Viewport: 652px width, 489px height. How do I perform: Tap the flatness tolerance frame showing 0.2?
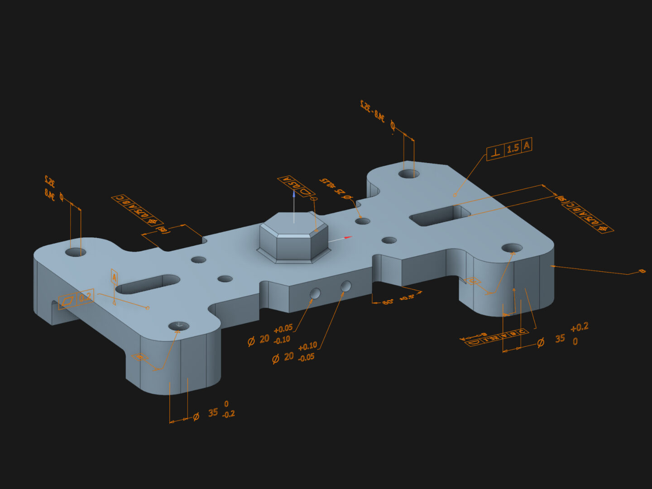[x=77, y=299]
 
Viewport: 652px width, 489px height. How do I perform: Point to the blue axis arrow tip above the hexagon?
[x=294, y=194]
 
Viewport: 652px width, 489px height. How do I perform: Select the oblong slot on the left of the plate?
[x=148, y=284]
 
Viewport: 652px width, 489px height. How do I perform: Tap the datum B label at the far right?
[x=642, y=271]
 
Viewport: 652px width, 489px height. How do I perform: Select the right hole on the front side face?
[x=346, y=286]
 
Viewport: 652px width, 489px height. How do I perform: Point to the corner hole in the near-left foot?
[x=179, y=326]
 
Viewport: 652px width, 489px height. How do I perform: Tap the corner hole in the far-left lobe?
[x=75, y=252]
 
